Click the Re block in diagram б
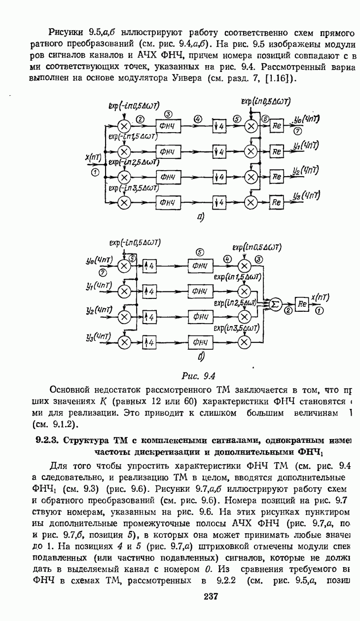click(x=301, y=305)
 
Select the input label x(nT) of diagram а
click(x=94, y=157)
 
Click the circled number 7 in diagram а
click(x=297, y=132)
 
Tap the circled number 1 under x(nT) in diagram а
click(x=96, y=171)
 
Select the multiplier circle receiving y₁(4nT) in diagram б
click(x=125, y=291)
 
